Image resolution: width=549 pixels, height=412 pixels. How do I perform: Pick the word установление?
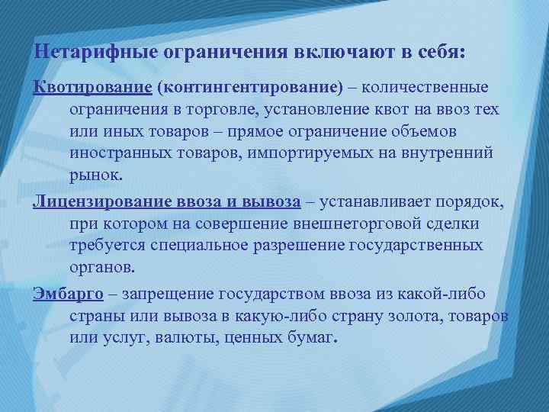pos(312,108)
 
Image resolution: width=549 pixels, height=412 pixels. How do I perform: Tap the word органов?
pos(101,268)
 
